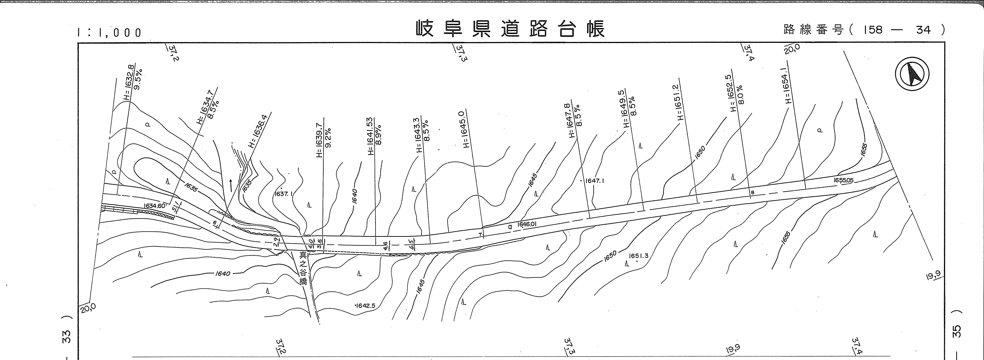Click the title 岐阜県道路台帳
point(510,29)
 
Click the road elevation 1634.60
point(154,206)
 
